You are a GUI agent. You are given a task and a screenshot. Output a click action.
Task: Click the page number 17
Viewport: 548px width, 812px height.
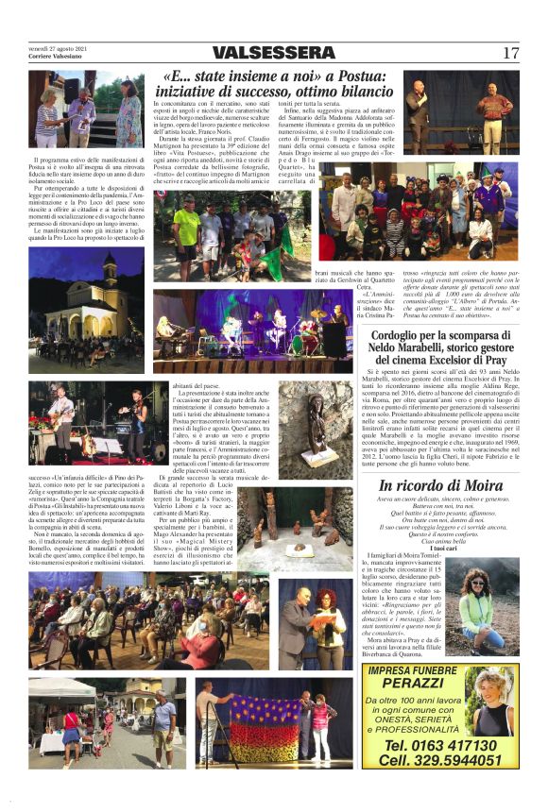pyautogui.click(x=510, y=53)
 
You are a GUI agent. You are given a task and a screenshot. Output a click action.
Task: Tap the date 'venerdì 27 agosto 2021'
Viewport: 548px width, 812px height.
pyautogui.click(x=58, y=47)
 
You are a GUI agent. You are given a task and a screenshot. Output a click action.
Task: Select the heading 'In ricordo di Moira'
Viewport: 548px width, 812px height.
pyautogui.click(x=435, y=486)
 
